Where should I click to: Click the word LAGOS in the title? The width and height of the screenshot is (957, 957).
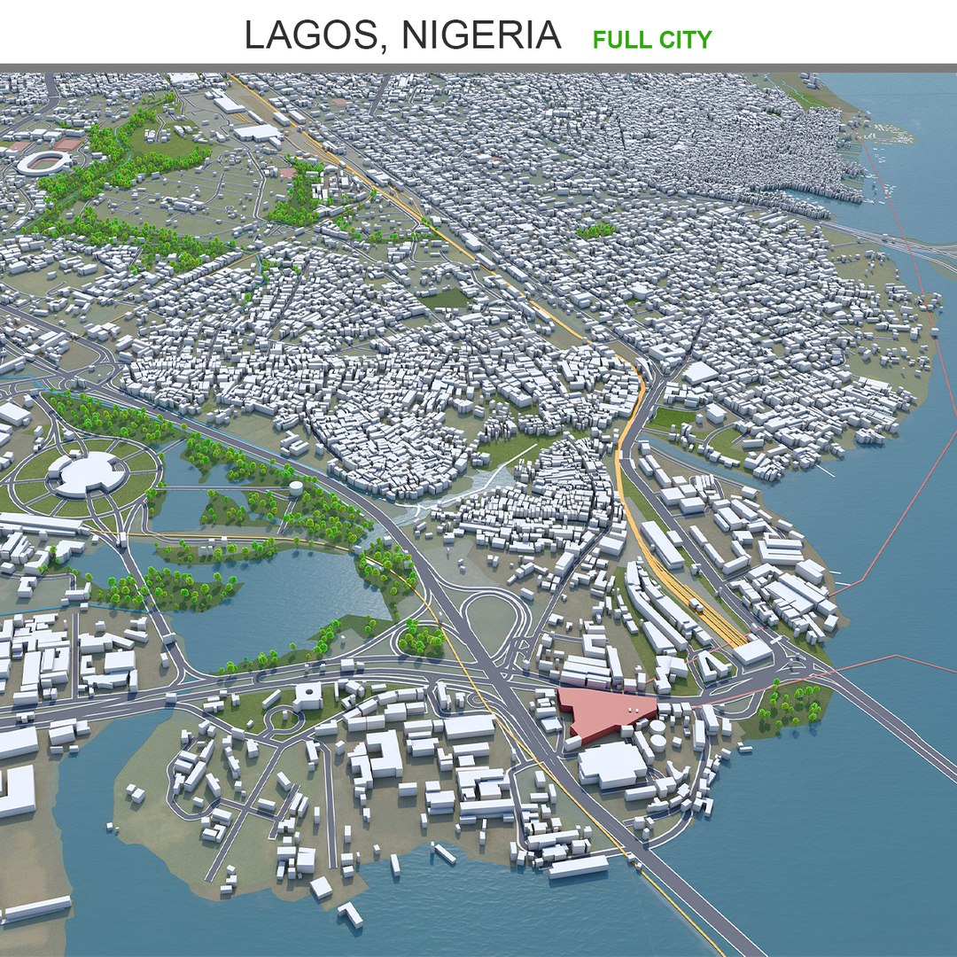(x=315, y=35)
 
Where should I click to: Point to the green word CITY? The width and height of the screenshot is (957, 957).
(x=684, y=39)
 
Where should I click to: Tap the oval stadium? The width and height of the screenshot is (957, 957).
(x=44, y=161)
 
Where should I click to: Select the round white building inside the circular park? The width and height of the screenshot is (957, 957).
(x=86, y=473)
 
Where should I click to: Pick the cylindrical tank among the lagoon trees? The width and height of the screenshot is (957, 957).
(x=295, y=488)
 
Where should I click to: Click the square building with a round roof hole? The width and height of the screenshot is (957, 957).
(x=307, y=694)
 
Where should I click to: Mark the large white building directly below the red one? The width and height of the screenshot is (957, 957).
(x=611, y=764)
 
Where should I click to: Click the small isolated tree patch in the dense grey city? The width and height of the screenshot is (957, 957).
(x=595, y=230)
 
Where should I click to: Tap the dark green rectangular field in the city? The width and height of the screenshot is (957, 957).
(x=443, y=299)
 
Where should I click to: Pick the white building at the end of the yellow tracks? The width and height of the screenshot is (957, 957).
(x=752, y=651)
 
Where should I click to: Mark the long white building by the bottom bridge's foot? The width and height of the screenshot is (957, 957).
(x=578, y=866)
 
